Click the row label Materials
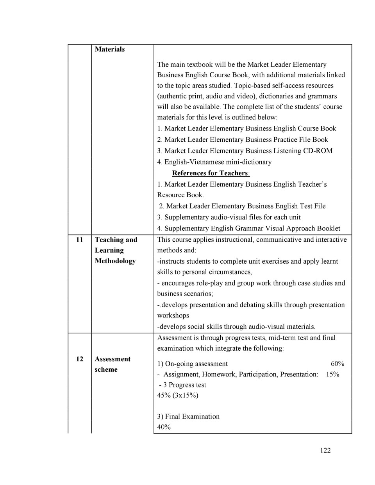click(x=110, y=49)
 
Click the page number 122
click(x=325, y=450)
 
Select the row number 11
click(x=80, y=240)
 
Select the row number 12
click(x=80, y=359)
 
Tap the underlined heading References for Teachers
click(x=211, y=173)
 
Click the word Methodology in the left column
click(x=115, y=261)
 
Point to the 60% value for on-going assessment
click(x=337, y=364)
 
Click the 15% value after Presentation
click(x=332, y=374)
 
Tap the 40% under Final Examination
click(x=164, y=427)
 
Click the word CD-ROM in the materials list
click(x=318, y=151)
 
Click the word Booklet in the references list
click(x=327, y=228)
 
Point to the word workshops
click(x=173, y=316)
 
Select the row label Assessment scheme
click(x=112, y=364)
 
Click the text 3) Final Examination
click(x=188, y=416)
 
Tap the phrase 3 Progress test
click(x=184, y=385)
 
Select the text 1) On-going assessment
click(x=193, y=364)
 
